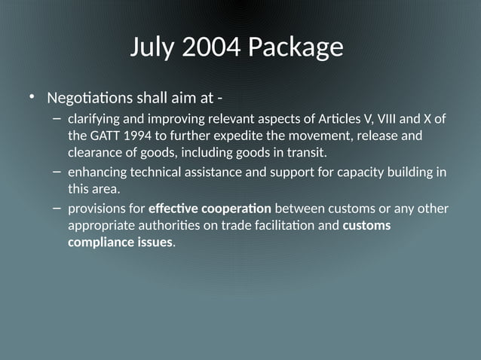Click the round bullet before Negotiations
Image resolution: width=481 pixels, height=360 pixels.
(x=32, y=97)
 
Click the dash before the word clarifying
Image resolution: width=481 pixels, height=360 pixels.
(x=57, y=118)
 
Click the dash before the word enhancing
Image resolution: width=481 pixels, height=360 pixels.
(x=57, y=172)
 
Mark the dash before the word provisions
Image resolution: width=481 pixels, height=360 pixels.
(x=57, y=207)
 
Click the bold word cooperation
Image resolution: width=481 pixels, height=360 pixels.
(x=237, y=208)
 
